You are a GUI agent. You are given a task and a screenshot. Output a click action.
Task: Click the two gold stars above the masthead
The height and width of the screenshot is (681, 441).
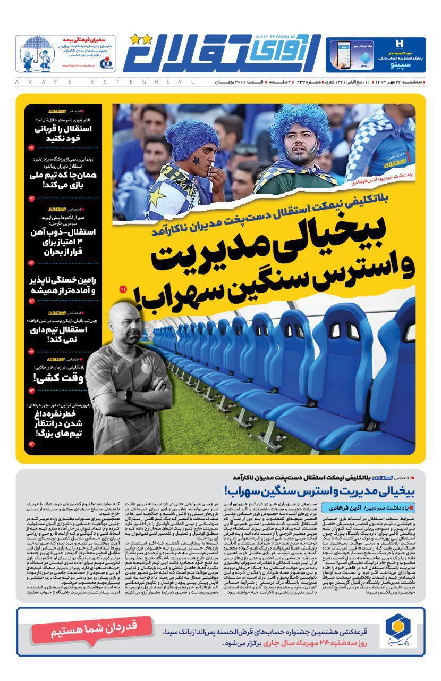tap(140, 38)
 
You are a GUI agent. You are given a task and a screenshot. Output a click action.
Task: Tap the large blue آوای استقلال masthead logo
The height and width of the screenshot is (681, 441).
tap(223, 55)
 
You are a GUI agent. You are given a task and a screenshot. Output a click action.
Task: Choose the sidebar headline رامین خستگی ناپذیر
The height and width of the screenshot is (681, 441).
tap(63, 286)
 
